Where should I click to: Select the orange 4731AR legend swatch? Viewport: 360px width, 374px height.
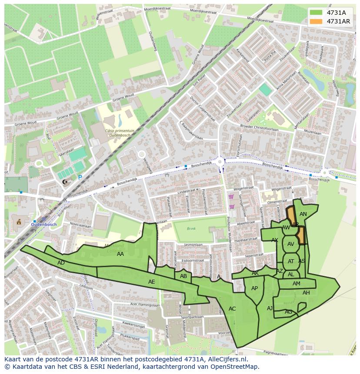point(316,21)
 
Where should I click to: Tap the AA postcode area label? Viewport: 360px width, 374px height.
point(120,254)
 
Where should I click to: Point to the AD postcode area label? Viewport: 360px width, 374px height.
point(61,263)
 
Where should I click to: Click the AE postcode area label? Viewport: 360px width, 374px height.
point(151,282)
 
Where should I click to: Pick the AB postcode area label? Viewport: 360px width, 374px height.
point(183,276)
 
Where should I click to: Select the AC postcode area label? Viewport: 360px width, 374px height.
point(232,309)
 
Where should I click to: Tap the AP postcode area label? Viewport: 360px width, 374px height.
point(255,288)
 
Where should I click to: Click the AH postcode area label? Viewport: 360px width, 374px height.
point(306,293)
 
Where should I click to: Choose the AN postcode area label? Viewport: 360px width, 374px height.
point(303,214)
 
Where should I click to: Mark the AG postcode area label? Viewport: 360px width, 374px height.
point(288,312)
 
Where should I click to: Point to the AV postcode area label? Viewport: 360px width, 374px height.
point(291,244)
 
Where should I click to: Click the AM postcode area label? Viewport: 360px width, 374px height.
point(296,284)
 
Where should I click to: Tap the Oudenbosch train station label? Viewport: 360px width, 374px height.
point(45,224)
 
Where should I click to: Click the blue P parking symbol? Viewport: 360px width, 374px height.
point(80,177)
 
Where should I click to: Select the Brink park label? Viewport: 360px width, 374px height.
point(191,228)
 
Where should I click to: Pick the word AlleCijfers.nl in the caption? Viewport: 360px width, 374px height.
point(226,359)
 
